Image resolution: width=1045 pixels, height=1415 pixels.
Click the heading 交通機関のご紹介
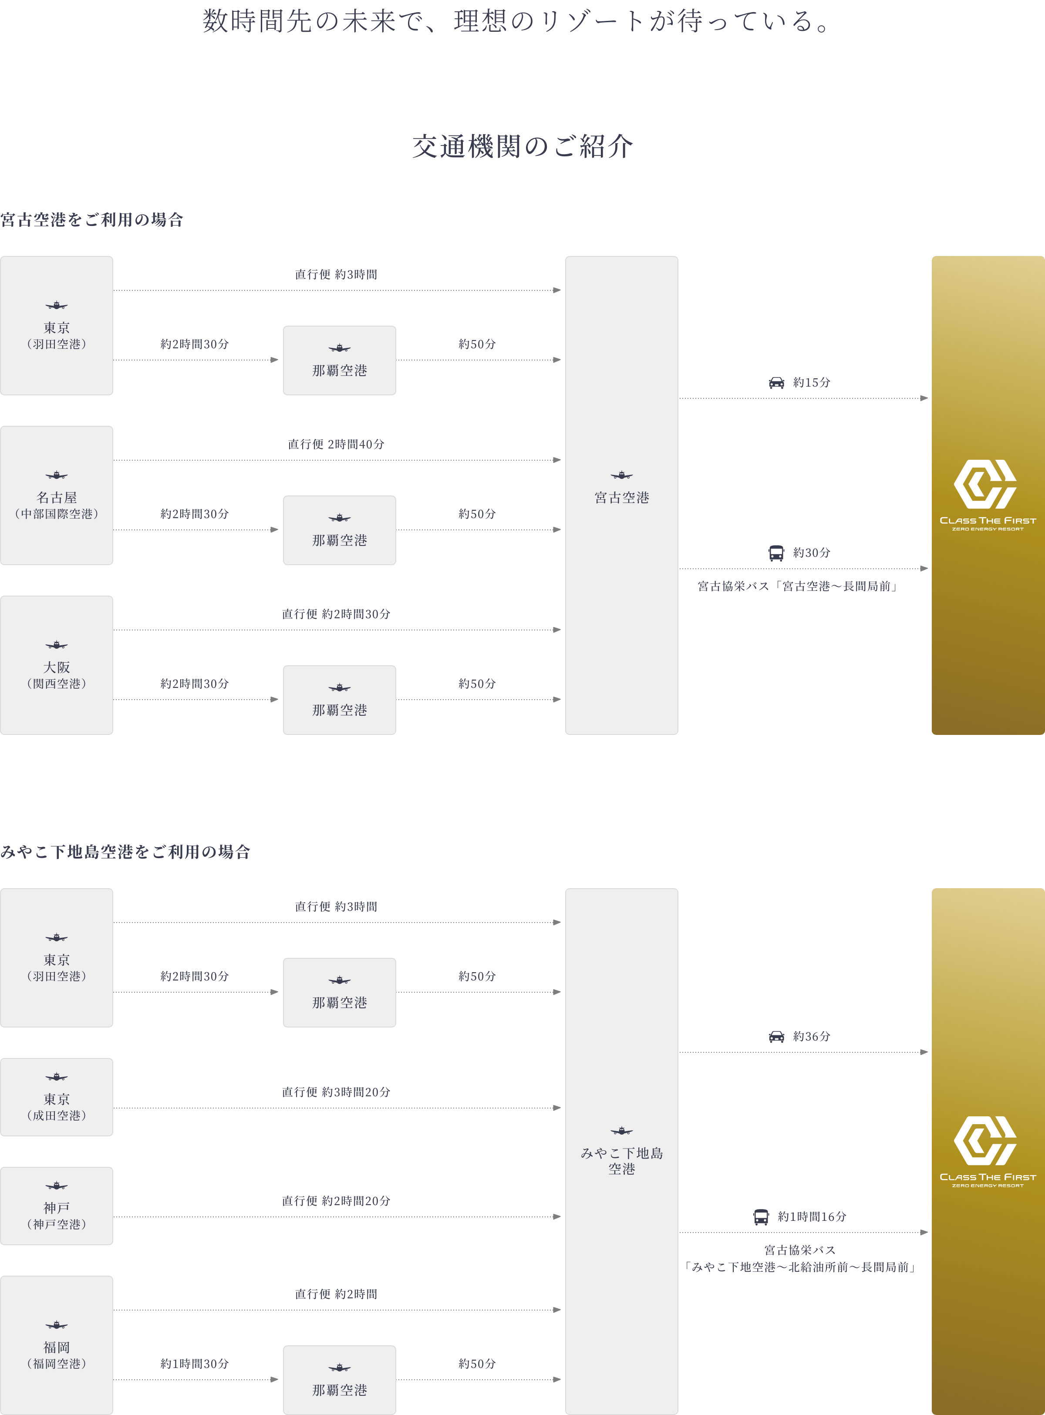tap(522, 147)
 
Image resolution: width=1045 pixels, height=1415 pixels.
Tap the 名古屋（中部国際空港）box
tap(56, 495)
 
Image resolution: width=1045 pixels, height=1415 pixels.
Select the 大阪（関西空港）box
tap(56, 665)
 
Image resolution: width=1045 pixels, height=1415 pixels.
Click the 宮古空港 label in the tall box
tap(621, 497)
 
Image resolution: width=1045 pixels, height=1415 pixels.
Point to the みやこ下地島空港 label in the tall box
tap(621, 1160)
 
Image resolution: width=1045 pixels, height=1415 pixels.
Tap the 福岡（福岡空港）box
tap(56, 1345)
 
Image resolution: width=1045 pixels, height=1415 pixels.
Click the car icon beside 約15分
tap(776, 383)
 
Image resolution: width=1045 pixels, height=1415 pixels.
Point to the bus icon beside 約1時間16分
tap(761, 1216)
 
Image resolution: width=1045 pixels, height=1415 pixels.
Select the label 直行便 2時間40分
tap(336, 444)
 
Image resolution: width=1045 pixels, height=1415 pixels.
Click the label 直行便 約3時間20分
tap(336, 1092)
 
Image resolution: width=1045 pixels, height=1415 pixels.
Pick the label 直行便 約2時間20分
tap(336, 1200)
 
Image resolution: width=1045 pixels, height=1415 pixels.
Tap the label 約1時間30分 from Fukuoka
tap(194, 1364)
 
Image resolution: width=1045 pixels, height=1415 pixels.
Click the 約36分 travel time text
tap(812, 1036)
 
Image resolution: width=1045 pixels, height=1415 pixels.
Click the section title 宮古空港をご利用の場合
tap(92, 219)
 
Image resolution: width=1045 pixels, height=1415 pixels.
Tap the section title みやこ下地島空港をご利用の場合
tap(125, 852)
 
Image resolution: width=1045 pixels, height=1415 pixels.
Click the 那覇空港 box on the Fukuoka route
tap(339, 1380)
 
